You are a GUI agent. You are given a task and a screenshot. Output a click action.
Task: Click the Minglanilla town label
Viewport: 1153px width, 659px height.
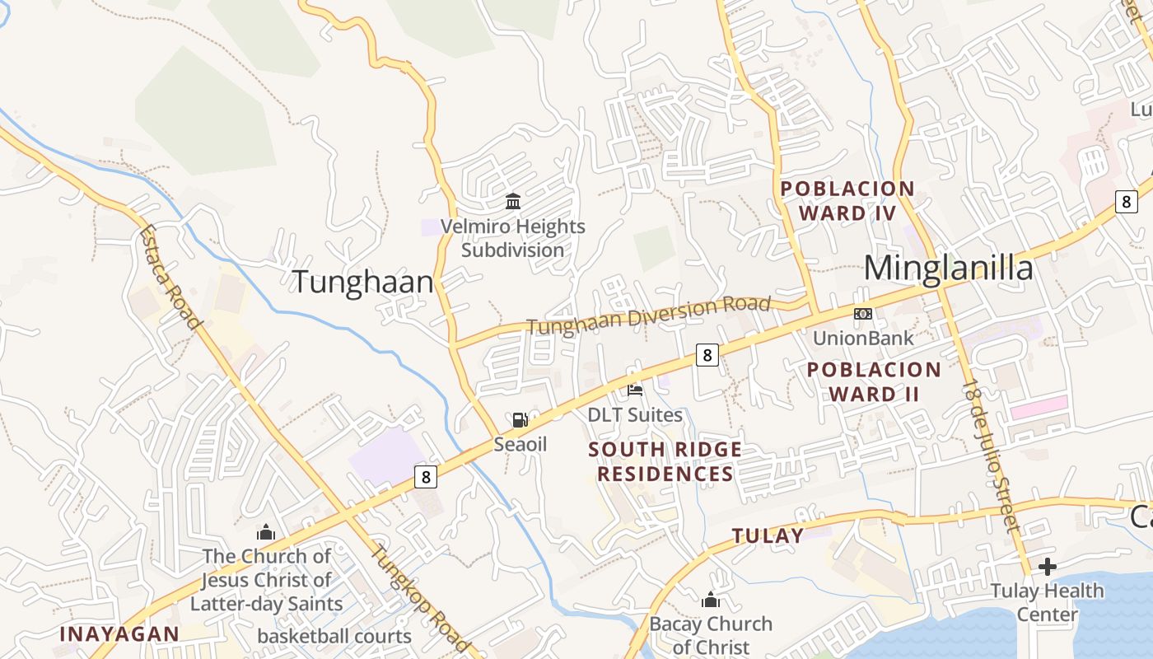[x=948, y=269]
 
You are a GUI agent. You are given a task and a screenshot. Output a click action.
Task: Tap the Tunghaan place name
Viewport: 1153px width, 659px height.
[x=362, y=282]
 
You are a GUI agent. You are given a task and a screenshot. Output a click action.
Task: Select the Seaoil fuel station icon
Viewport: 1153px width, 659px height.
[x=520, y=420]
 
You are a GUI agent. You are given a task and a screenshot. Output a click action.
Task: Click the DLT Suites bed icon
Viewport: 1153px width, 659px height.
[x=635, y=390]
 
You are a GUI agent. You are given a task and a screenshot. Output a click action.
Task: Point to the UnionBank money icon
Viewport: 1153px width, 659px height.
[x=862, y=314]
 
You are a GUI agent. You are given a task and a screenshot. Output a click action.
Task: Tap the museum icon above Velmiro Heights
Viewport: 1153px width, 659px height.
[x=513, y=201]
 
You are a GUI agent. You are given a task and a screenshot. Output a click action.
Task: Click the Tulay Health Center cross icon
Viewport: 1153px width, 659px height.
[x=1047, y=567]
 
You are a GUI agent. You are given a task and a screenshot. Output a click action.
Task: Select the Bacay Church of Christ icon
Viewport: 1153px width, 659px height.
[x=711, y=600]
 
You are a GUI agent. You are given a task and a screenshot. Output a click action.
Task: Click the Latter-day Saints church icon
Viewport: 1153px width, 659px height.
[x=266, y=532]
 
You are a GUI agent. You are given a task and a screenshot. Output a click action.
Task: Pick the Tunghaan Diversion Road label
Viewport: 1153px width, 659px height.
[x=649, y=315]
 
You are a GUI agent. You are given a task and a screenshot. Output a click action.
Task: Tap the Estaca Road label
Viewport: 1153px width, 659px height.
[x=170, y=277]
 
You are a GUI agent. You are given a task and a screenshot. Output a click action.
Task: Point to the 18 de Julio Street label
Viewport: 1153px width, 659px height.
[x=993, y=455]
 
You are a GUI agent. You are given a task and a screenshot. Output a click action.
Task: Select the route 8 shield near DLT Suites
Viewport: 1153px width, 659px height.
[x=707, y=355]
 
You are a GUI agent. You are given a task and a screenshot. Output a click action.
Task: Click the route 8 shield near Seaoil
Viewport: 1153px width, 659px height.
[x=425, y=476]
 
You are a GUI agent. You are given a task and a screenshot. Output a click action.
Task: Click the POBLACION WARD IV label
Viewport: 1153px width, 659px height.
[x=847, y=201]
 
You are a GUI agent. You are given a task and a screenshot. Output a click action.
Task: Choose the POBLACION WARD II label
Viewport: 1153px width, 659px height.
[x=874, y=381]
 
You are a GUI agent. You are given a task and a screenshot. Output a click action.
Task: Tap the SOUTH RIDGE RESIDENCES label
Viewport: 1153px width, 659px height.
[x=665, y=461]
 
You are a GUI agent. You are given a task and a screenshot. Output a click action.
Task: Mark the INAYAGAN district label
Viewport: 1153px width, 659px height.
[x=119, y=633]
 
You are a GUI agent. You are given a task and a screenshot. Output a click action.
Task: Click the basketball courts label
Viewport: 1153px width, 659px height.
[x=334, y=636]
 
